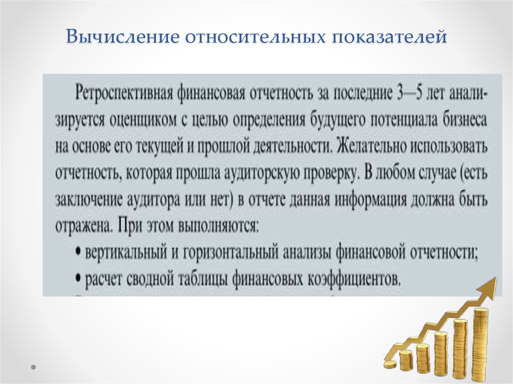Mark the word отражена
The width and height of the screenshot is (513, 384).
pyautogui.click(x=81, y=226)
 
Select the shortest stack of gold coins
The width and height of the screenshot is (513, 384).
pyautogui.click(x=405, y=360)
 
